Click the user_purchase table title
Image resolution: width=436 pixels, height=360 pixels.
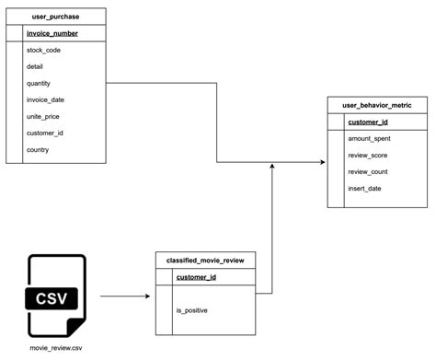(x=55, y=17)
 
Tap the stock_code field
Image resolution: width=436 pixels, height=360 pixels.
(x=44, y=50)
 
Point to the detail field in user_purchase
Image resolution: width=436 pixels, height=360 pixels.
(x=37, y=66)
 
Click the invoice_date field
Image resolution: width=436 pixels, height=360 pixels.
(x=45, y=99)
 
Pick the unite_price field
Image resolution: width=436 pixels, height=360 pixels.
(x=43, y=116)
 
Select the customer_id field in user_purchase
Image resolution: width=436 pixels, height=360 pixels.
(x=45, y=133)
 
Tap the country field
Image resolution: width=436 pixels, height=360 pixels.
(x=39, y=149)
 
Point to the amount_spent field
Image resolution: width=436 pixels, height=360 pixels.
(x=369, y=138)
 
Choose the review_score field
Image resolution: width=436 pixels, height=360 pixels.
(x=367, y=156)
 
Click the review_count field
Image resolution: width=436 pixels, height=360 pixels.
(x=367, y=172)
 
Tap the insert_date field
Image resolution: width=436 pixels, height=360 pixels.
(x=364, y=189)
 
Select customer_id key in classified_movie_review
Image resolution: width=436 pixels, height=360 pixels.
(x=196, y=277)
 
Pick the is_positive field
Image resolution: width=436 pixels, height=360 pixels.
(x=192, y=310)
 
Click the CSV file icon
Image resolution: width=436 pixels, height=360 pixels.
(x=56, y=296)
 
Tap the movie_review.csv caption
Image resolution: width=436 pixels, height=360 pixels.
(x=56, y=348)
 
